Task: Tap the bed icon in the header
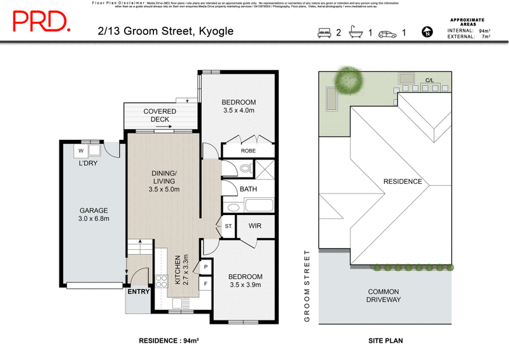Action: (x=325, y=32)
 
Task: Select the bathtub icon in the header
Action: (x=356, y=32)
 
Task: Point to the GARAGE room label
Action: (x=93, y=211)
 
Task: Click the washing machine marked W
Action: (x=82, y=150)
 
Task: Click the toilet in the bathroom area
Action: (x=245, y=169)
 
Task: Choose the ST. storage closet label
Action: (x=228, y=226)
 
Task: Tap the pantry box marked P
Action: (x=206, y=268)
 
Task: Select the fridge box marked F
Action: (x=206, y=284)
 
